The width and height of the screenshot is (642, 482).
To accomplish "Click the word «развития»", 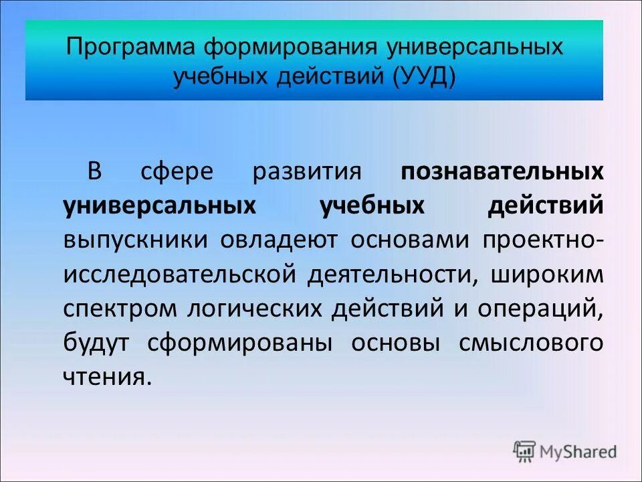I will click(307, 172).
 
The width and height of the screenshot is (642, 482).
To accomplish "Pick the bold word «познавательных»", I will click(502, 172).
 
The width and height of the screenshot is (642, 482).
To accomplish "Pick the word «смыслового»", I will click(532, 343).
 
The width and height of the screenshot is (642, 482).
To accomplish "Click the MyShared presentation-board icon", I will click(524, 452).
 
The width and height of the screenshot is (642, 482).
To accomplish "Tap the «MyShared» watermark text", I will click(578, 452).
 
